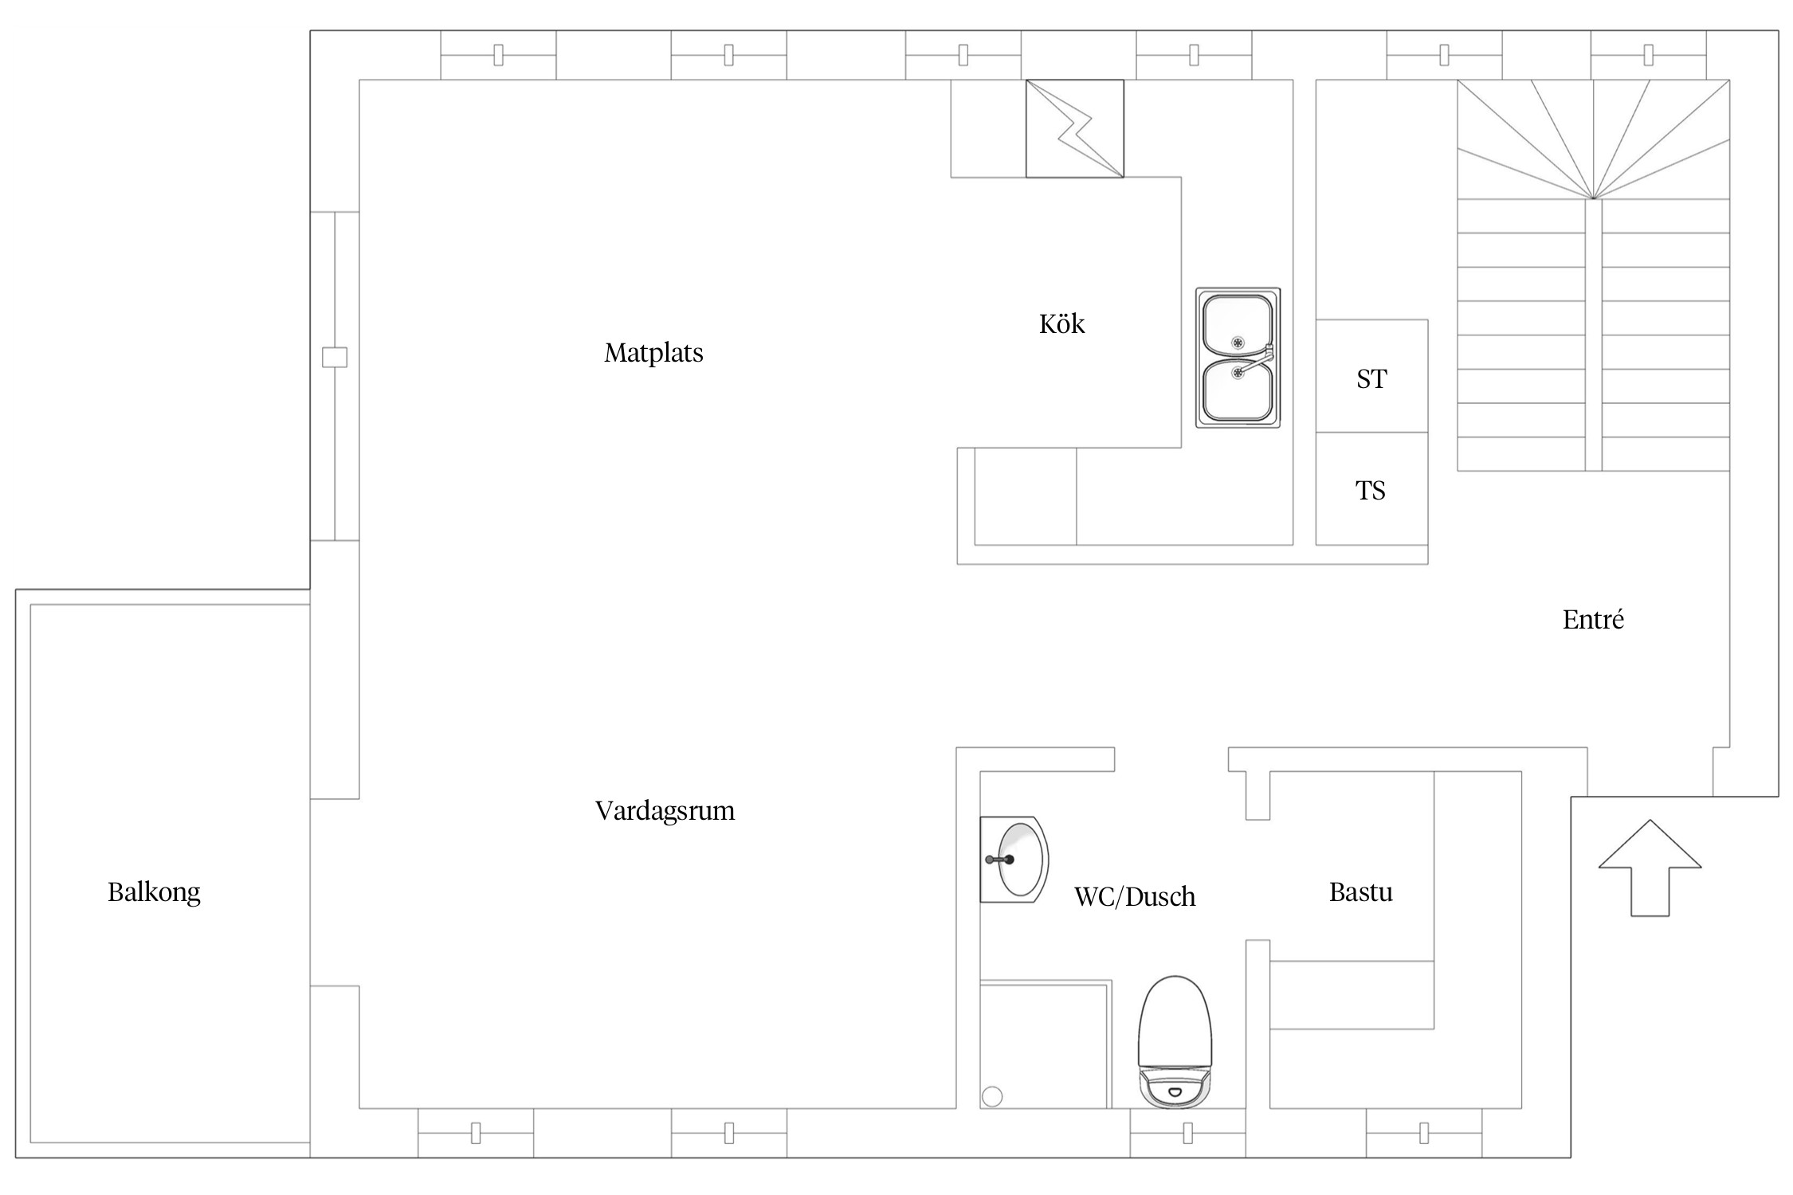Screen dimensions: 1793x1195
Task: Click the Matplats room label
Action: pos(653,352)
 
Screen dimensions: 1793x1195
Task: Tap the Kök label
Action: pos(1061,323)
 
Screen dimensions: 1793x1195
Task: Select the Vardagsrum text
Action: pos(665,811)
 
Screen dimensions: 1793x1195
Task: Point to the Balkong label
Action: pos(154,892)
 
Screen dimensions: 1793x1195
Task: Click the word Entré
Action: pos(1593,619)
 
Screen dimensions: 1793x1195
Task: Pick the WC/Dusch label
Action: pos(1135,897)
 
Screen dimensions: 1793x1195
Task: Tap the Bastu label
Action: pos(1361,892)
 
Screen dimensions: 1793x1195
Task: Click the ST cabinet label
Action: pos(1371,379)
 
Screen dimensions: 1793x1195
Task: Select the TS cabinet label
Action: pos(1371,491)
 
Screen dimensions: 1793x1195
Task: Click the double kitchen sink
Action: pos(1238,358)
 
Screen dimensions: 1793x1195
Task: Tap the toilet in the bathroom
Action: pos(1175,1041)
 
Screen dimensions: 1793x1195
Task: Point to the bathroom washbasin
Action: pos(1014,860)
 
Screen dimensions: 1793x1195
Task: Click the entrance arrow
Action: pos(1650,868)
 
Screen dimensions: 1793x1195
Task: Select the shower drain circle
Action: pos(992,1097)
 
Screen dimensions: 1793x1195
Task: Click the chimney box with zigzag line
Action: pos(1074,128)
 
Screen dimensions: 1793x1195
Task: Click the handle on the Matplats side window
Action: pos(335,357)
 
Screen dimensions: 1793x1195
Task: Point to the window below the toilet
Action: pos(1187,1133)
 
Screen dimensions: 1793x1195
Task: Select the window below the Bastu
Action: pos(1424,1133)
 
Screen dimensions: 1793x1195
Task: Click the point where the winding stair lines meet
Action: pos(1593,198)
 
